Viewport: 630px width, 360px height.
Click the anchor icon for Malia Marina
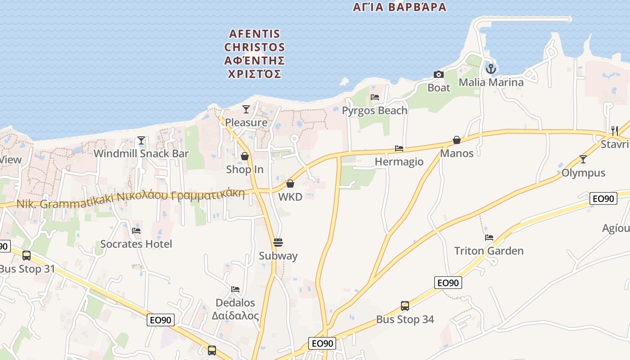coord(490,69)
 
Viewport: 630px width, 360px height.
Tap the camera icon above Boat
coord(438,74)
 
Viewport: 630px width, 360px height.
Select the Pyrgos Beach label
coord(374,111)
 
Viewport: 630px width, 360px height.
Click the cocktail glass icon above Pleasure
coord(246,109)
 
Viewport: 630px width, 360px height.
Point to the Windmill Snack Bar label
coord(141,153)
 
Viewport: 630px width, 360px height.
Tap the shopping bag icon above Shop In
coord(245,156)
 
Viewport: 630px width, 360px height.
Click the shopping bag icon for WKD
coord(290,184)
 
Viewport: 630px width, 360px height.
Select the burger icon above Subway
coord(278,243)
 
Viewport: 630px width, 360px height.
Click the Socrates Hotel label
coord(136,244)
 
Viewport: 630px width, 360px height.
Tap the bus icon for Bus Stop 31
coord(27,256)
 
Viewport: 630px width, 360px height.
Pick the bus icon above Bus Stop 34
coord(405,306)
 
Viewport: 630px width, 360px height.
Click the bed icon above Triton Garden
coord(489,238)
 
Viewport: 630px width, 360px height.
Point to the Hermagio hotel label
coord(399,162)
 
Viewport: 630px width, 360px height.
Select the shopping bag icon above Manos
coord(457,140)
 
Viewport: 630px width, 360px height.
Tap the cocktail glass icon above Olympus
coord(583,159)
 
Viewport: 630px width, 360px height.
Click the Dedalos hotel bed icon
coord(235,289)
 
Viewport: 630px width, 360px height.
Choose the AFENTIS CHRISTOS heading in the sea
coord(255,54)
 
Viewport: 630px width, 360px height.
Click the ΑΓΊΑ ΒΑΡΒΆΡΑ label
coord(400,7)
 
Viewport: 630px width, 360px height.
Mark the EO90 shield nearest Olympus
coord(603,198)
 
